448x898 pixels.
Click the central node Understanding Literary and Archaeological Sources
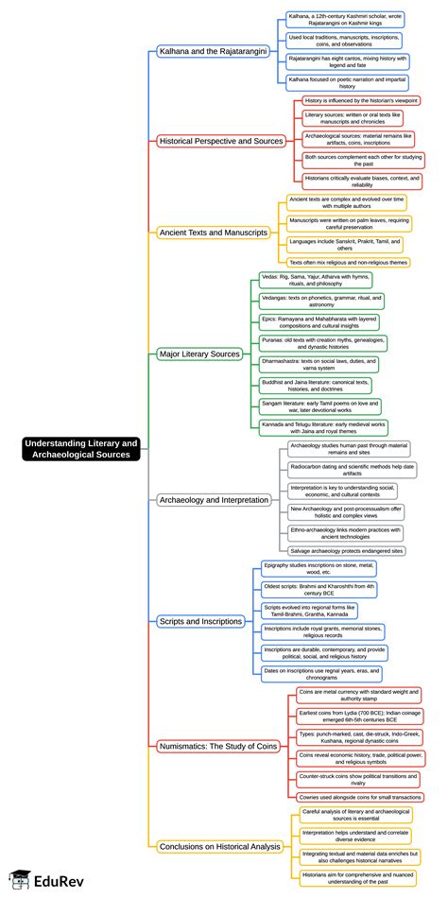coord(81,449)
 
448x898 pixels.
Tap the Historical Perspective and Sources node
coord(221,141)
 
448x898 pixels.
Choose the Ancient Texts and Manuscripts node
coord(214,232)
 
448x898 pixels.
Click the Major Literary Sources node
coord(199,354)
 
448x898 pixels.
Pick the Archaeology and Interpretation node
coord(214,499)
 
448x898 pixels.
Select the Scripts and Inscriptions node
coord(201,621)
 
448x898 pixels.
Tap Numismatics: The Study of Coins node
coord(218,746)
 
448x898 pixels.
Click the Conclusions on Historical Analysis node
coord(220,846)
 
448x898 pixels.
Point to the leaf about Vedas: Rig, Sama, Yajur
coord(317,280)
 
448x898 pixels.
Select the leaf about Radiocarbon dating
coord(348,468)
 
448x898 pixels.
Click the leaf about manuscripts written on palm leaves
coord(349,224)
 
